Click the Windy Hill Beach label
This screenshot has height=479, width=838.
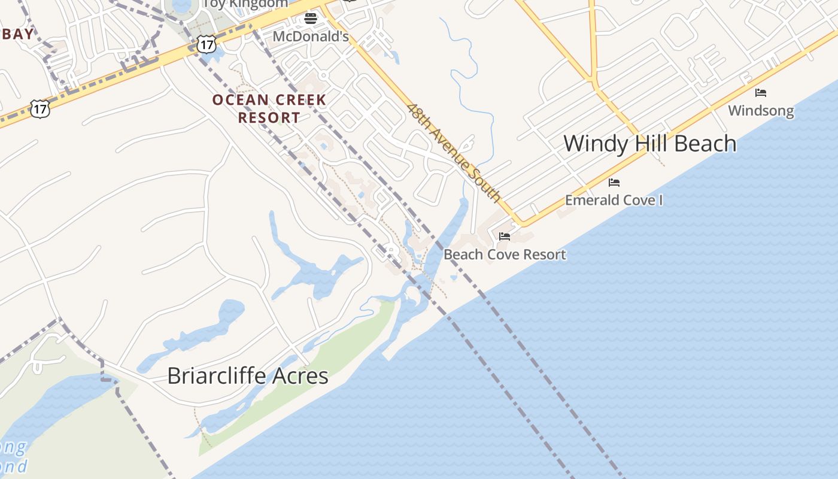[x=649, y=144]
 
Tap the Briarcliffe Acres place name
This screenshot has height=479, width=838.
[x=247, y=376]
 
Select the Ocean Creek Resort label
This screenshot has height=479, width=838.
[x=269, y=108]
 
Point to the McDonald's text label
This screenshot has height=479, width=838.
[x=311, y=37]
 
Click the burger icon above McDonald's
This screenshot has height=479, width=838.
[x=310, y=19]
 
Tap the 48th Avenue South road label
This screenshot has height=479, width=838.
[x=454, y=152]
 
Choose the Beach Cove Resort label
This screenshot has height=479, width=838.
[x=505, y=254]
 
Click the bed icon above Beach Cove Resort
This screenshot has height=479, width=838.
[x=505, y=237]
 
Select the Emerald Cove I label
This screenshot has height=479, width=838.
[x=614, y=200]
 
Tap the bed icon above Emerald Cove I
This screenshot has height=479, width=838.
[x=614, y=183]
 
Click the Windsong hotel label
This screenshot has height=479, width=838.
[x=761, y=111]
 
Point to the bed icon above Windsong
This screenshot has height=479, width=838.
[x=761, y=93]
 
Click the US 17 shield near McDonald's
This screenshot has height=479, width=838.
[x=206, y=44]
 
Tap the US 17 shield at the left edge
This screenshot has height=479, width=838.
[x=40, y=109]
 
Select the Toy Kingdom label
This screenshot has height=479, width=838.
[x=246, y=4]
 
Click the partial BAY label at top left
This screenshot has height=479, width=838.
[x=17, y=34]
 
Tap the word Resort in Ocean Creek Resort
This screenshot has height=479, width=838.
[x=269, y=117]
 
